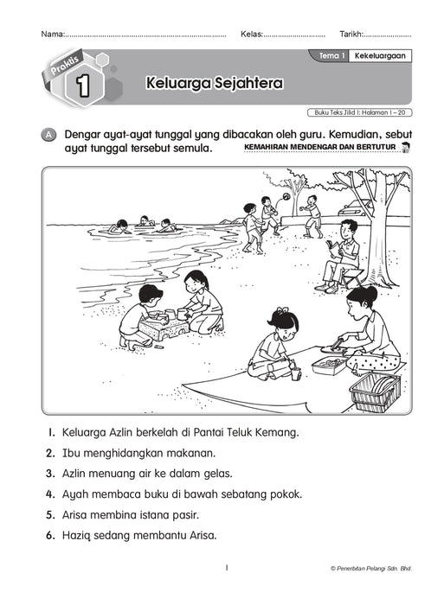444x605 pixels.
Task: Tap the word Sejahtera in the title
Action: [227, 85]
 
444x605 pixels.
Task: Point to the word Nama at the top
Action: [52, 35]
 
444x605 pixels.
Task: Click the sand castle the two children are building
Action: [167, 327]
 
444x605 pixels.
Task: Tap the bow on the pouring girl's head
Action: [281, 311]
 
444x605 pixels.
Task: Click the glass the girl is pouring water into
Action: [296, 373]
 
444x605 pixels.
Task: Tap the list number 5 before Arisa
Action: [51, 514]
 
